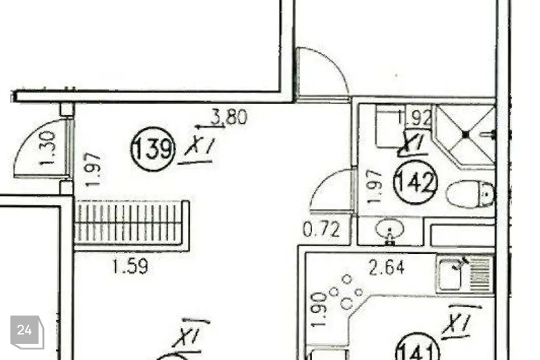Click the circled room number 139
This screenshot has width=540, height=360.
point(153,150)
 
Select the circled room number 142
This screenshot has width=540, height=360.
point(416,182)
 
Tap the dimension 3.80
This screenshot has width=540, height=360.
point(228,118)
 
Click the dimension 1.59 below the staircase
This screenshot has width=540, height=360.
point(130,266)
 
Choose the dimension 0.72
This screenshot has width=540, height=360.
point(321,229)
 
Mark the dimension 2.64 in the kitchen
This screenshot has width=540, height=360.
point(386,267)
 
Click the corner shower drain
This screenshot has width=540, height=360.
point(466,134)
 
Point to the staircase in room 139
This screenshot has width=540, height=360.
point(130,224)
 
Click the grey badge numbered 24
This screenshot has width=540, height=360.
point(25,331)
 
